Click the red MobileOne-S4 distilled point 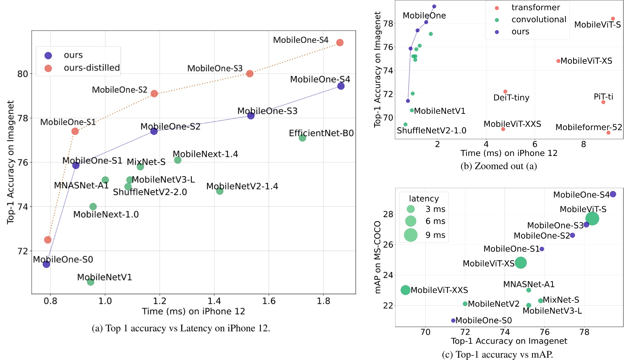pyautogui.click(x=340, y=43)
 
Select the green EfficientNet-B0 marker pyautogui.click(x=302, y=138)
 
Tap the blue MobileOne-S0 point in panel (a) pyautogui.click(x=46, y=264)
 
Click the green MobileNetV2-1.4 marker pyautogui.click(x=220, y=191)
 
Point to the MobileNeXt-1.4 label pyautogui.click(x=205, y=154)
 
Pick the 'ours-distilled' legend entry pyautogui.click(x=91, y=68)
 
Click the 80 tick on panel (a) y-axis pyautogui.click(x=22, y=74)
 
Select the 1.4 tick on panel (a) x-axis pyautogui.click(x=214, y=301)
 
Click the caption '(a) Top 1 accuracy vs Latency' pyautogui.click(x=181, y=328)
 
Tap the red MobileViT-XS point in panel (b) pyautogui.click(x=558, y=61)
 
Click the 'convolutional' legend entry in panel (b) pyautogui.click(x=539, y=20)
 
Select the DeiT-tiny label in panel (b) pyautogui.click(x=511, y=98)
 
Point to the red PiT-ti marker pyautogui.click(x=603, y=102)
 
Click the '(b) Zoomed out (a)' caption pyautogui.click(x=498, y=166)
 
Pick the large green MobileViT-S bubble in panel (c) pyautogui.click(x=592, y=219)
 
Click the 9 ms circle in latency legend pyautogui.click(x=411, y=235)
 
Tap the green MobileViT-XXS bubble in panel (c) pyautogui.click(x=405, y=290)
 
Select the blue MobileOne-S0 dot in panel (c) pyautogui.click(x=453, y=320)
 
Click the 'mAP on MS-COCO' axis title pyautogui.click(x=378, y=257)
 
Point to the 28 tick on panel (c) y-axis pyautogui.click(x=388, y=214)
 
